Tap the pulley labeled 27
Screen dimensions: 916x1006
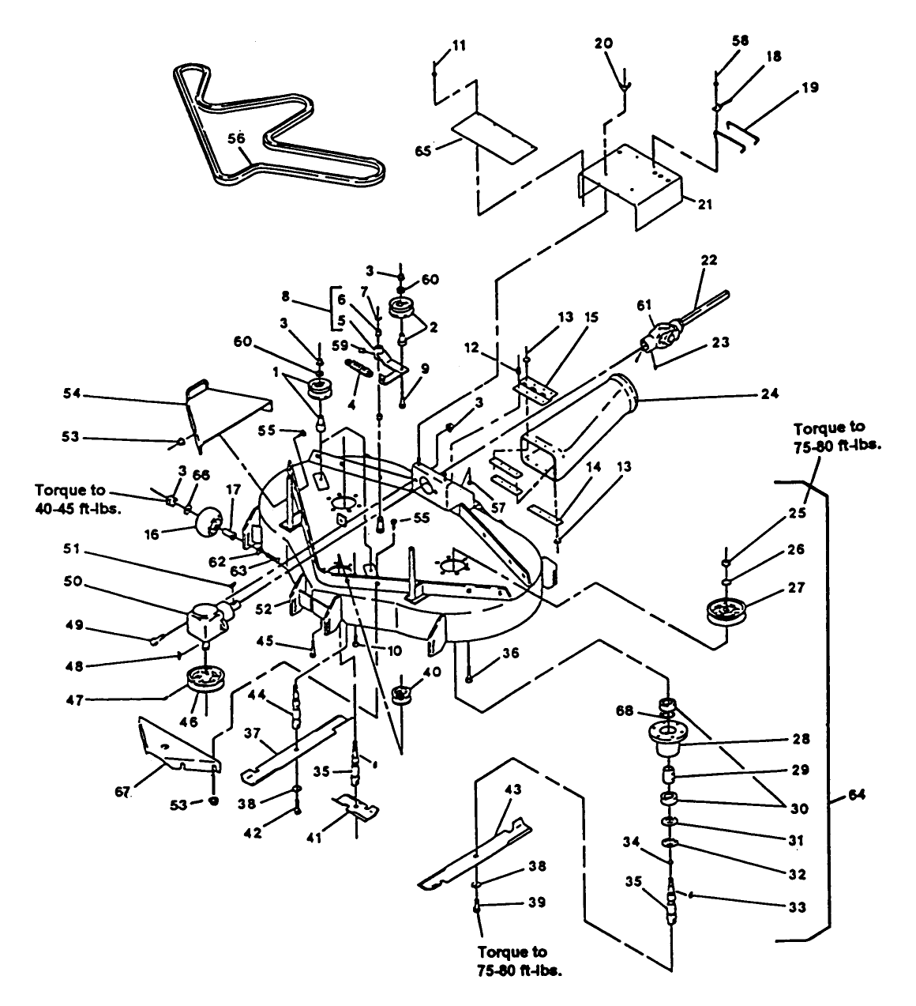pyautogui.click(x=729, y=612)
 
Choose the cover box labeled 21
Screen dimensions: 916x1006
pyautogui.click(x=632, y=182)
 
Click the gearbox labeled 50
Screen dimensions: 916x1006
pyautogui.click(x=207, y=618)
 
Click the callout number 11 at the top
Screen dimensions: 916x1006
pyautogui.click(x=459, y=46)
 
